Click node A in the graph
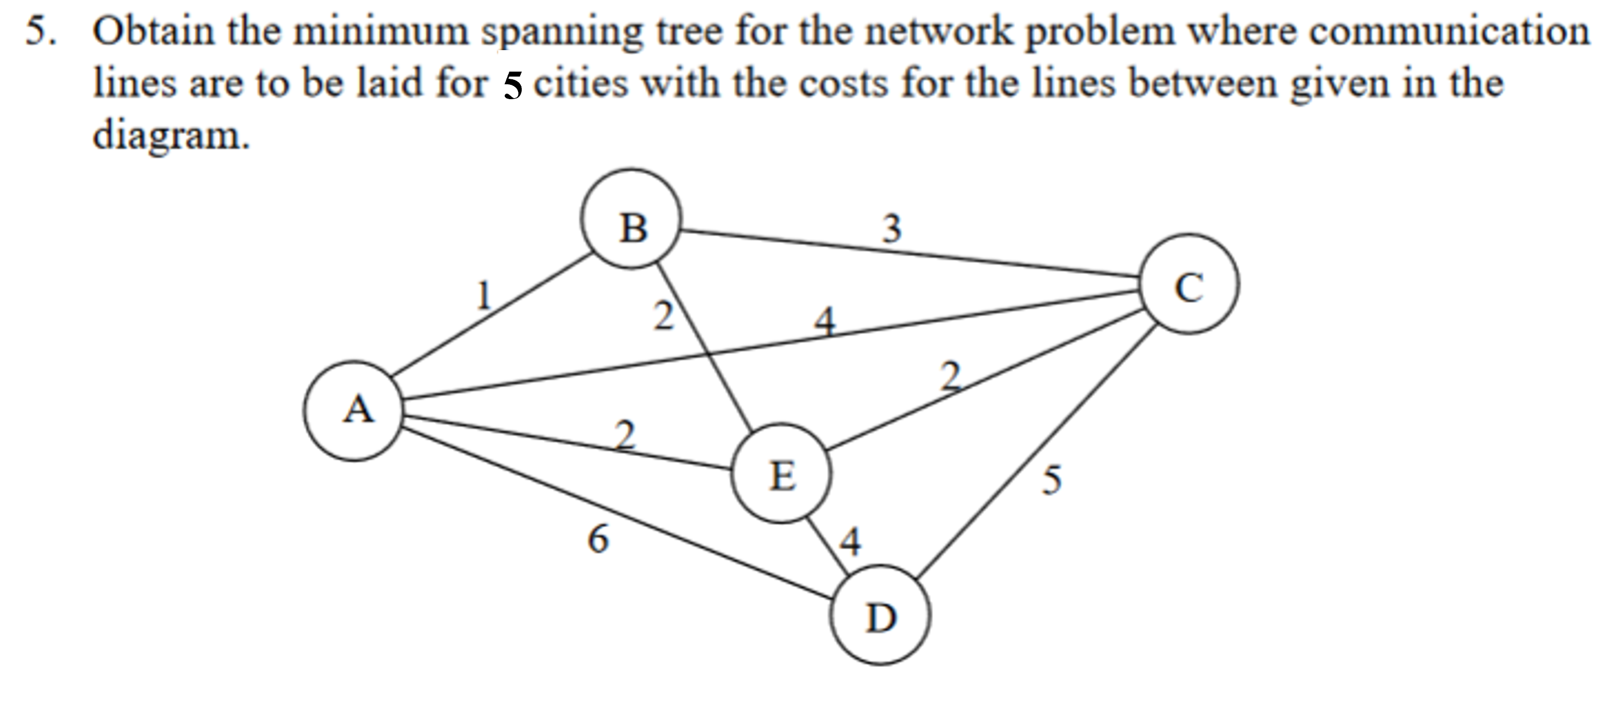353,411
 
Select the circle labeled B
631,219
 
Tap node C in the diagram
1189,284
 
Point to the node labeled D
880,615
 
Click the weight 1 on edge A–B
483,295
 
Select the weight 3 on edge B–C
891,228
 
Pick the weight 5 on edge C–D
1051,480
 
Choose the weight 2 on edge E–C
950,376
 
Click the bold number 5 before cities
512,85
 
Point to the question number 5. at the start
41,31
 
